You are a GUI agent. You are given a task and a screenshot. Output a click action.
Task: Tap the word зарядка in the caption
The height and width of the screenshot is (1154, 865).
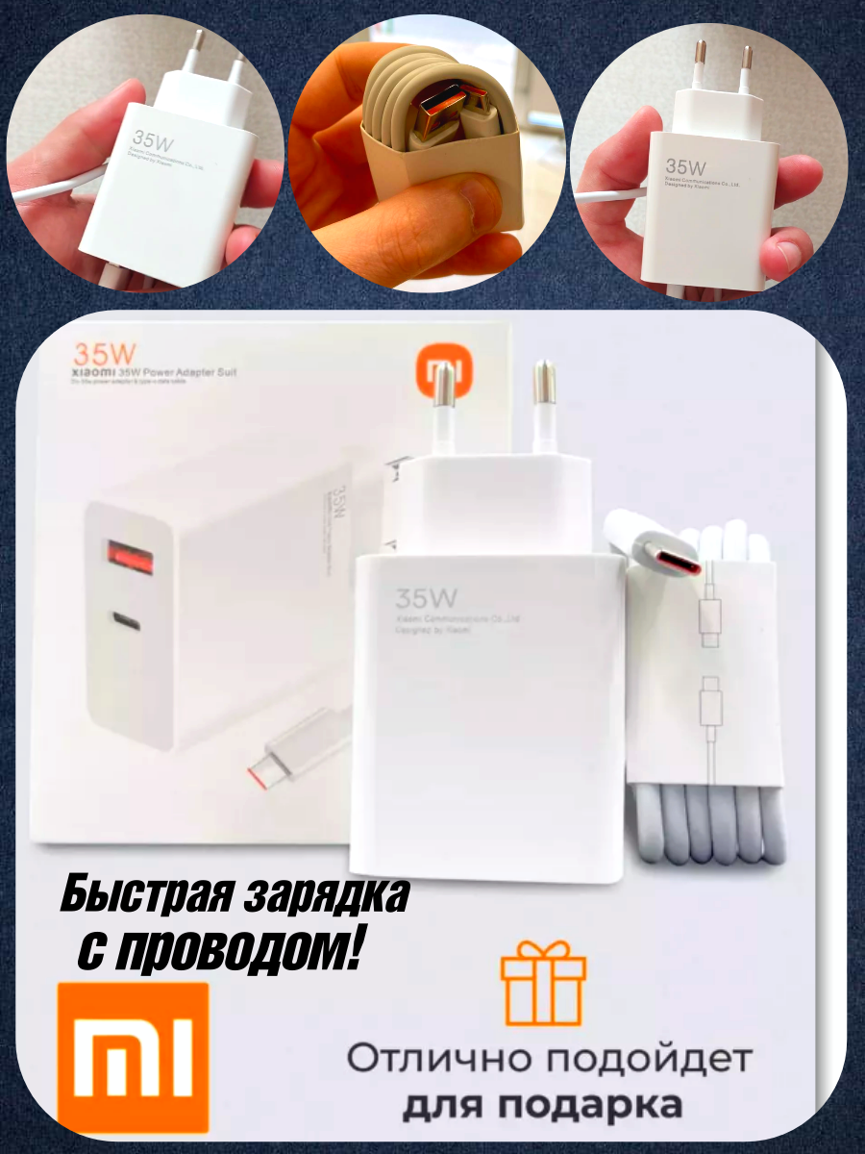(326, 895)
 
